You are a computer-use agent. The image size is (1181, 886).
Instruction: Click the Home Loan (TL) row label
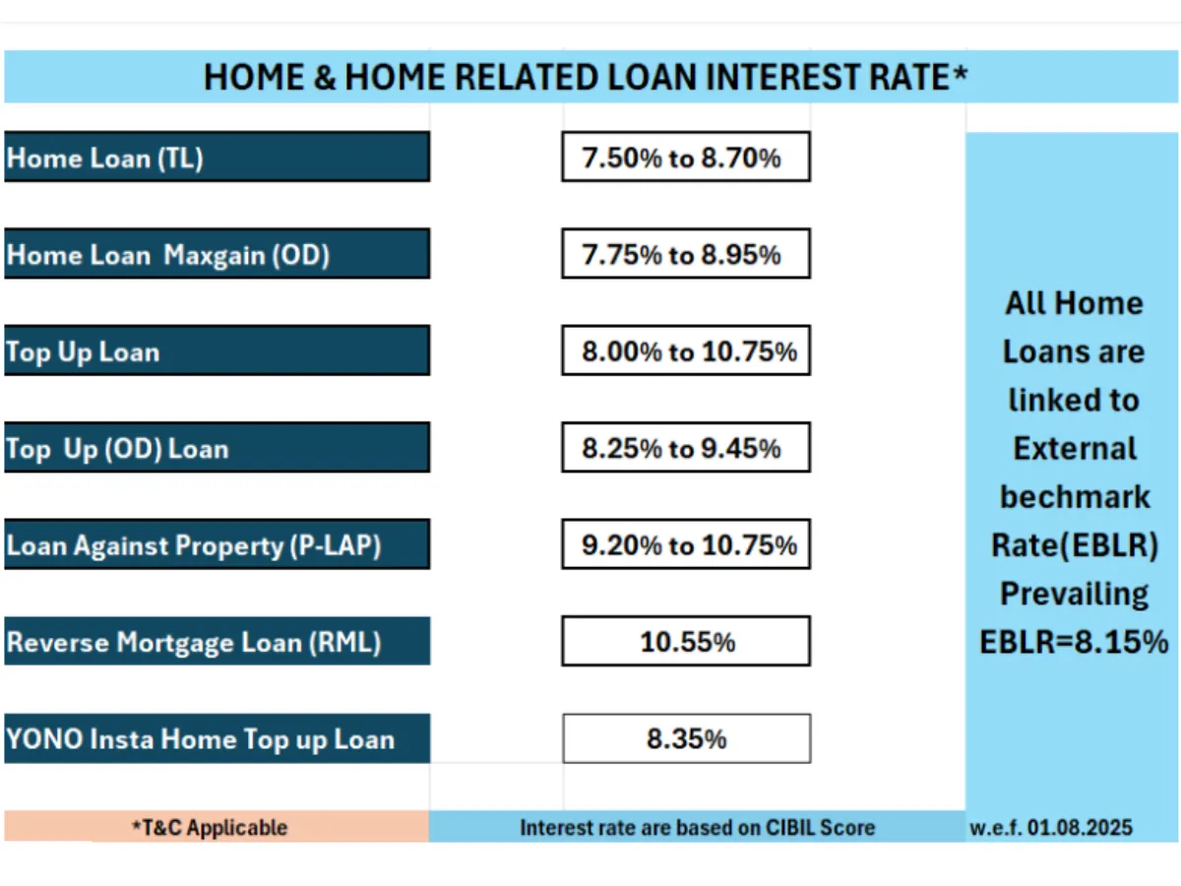(x=217, y=158)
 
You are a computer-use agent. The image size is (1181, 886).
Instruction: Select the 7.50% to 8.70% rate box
(x=686, y=158)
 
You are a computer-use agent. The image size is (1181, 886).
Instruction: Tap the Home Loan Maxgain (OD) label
(x=217, y=254)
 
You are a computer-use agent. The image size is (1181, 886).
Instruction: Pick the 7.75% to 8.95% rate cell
(x=686, y=254)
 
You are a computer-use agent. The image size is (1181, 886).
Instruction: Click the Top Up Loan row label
(x=217, y=350)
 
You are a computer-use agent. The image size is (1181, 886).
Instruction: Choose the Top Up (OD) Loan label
(x=217, y=448)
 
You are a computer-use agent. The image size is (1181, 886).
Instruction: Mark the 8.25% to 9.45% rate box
(x=686, y=448)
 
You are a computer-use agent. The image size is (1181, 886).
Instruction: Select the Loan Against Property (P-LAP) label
(x=217, y=544)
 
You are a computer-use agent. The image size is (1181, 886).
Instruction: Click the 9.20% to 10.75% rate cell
(x=686, y=544)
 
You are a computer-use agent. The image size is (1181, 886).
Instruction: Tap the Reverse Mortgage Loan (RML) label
(x=217, y=641)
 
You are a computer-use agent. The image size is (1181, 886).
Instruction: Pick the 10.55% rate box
(x=686, y=641)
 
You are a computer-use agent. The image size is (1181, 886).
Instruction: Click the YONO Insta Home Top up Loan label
(x=217, y=738)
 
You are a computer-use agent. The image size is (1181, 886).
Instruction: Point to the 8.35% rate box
(x=687, y=738)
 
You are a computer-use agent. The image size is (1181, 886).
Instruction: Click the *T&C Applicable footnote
(x=210, y=828)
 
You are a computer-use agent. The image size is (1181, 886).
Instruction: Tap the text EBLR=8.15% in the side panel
(x=1074, y=642)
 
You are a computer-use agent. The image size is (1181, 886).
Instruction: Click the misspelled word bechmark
(x=1075, y=496)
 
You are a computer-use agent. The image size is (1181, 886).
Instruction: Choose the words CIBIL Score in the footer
(x=820, y=828)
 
